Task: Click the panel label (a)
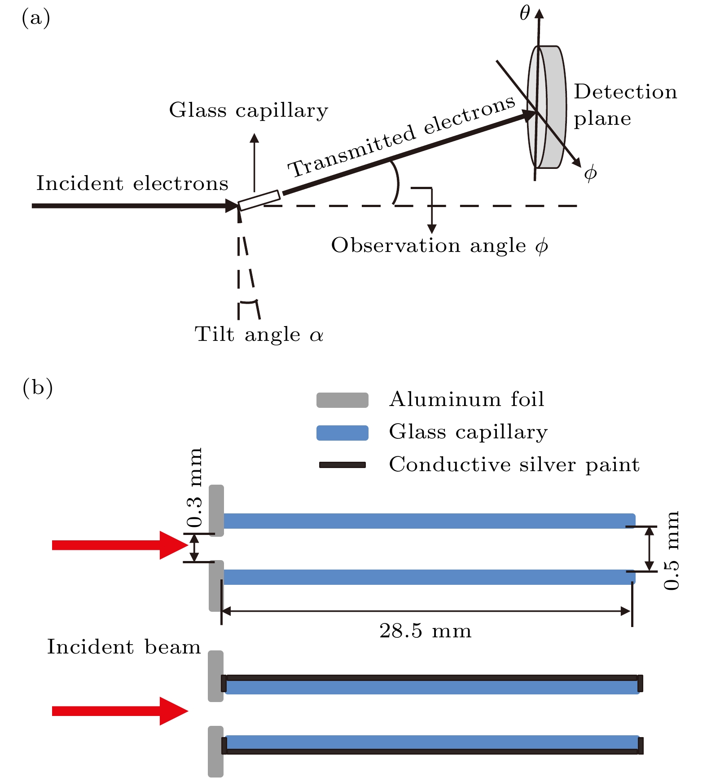click(35, 18)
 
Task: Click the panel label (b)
click(37, 387)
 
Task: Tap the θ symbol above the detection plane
click(525, 13)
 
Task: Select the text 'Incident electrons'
click(132, 183)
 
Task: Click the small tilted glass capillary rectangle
click(259, 200)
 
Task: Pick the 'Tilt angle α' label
click(259, 334)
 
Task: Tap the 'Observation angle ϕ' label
click(439, 246)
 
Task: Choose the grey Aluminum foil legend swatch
click(342, 400)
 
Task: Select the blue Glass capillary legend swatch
click(342, 433)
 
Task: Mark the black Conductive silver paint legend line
click(342, 465)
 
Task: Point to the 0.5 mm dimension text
click(672, 551)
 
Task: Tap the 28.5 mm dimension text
click(425, 631)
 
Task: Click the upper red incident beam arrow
click(119, 545)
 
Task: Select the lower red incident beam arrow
click(119, 711)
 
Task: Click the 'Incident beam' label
click(124, 647)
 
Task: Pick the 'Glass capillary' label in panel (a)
click(248, 110)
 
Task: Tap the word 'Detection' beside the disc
click(625, 92)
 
